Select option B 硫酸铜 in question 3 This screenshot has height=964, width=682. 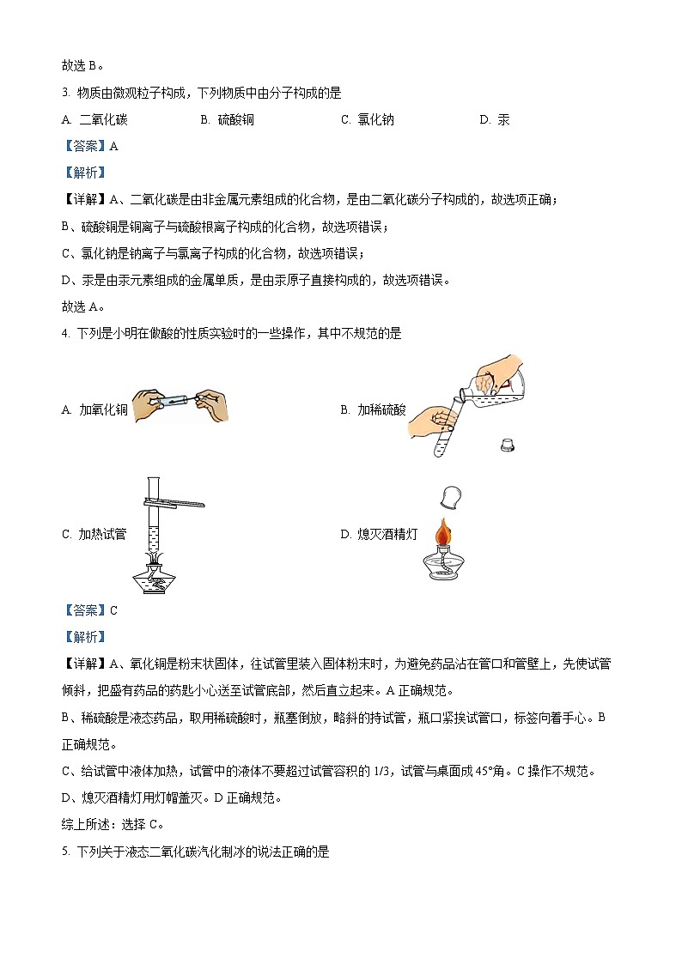coord(235,120)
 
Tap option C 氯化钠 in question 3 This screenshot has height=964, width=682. coord(375,120)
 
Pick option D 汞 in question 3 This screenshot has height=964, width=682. coord(503,120)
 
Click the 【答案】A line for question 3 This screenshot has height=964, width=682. coord(90,146)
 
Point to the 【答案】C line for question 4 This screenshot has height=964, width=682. coord(90,610)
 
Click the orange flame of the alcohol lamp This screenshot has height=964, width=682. coord(442,533)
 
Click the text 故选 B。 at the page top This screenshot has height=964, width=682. coord(82,64)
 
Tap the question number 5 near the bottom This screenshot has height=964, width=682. coord(65,852)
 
